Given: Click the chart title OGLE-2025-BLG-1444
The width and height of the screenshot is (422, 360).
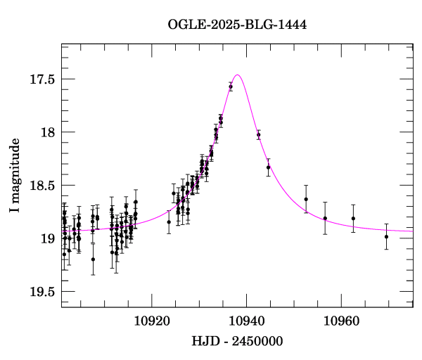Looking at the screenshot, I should point(237,24).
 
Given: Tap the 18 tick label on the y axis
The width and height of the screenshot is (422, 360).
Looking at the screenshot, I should point(47,132).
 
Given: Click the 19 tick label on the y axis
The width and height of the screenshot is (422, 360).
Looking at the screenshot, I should point(47,239).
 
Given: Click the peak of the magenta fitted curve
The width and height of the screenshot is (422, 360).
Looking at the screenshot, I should point(238,75).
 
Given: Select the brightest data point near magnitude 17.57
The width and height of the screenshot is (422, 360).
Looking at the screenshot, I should point(231,86).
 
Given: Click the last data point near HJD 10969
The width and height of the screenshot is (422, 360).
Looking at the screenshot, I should point(386,236).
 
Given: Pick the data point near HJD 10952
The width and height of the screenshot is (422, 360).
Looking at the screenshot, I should point(306,199).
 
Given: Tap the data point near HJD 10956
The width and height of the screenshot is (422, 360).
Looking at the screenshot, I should point(325,218).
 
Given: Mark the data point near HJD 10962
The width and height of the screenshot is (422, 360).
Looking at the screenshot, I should point(353,218).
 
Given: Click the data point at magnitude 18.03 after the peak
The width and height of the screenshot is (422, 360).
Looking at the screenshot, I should point(259,135).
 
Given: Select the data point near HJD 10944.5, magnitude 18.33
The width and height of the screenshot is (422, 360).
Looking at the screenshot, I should point(268,167).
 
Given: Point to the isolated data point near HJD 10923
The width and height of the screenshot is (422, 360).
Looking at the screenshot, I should point(169,222).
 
